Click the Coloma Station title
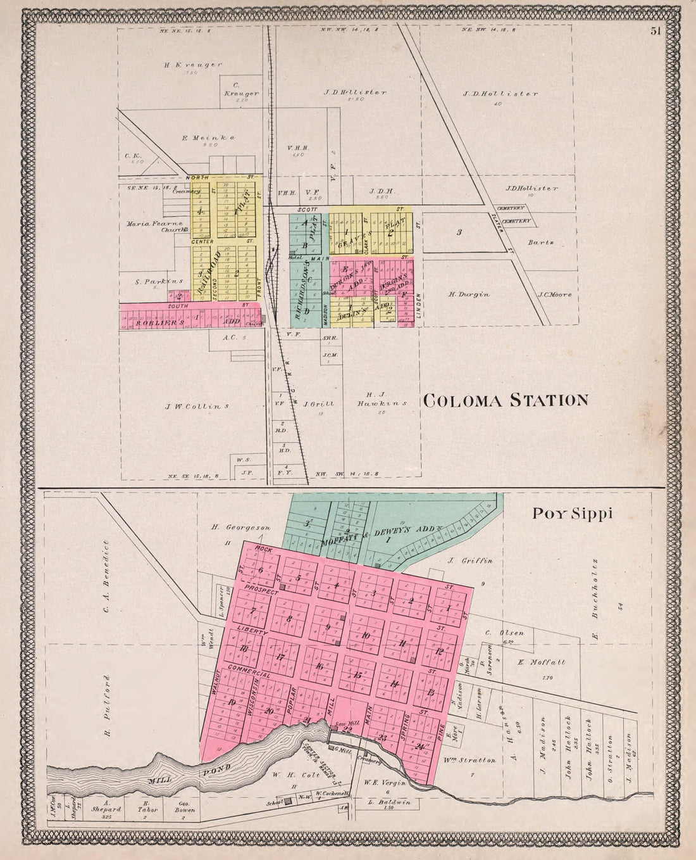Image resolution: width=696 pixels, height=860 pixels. pyautogui.click(x=505, y=400)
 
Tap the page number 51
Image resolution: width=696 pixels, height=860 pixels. pyautogui.click(x=654, y=34)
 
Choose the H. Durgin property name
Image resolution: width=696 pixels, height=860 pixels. pyautogui.click(x=469, y=294)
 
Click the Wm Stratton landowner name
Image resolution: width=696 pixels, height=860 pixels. pyautogui.click(x=470, y=760)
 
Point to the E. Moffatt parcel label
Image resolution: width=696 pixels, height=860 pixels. pyautogui.click(x=540, y=662)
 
